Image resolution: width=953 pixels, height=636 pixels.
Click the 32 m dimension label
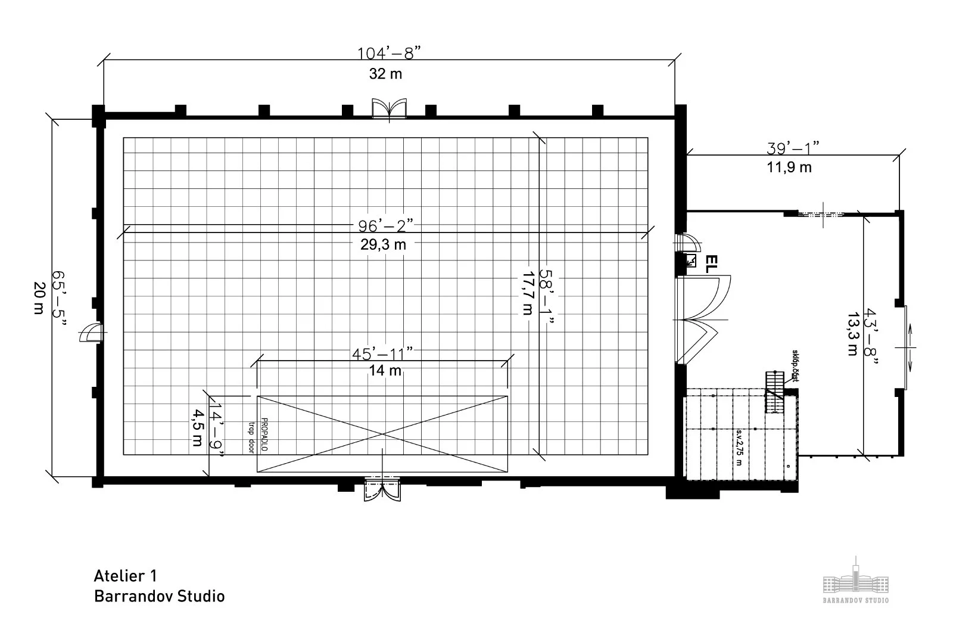coord(385,74)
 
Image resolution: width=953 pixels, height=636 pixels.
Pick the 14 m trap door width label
coord(385,370)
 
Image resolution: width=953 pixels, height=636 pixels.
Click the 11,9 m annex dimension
coord(789,167)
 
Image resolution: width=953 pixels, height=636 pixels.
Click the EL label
coord(710,263)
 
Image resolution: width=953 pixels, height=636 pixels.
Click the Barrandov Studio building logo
coord(855,578)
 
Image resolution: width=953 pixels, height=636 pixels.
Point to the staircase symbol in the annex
coord(773,392)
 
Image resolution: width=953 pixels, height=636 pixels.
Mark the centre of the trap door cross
coord(382,434)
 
